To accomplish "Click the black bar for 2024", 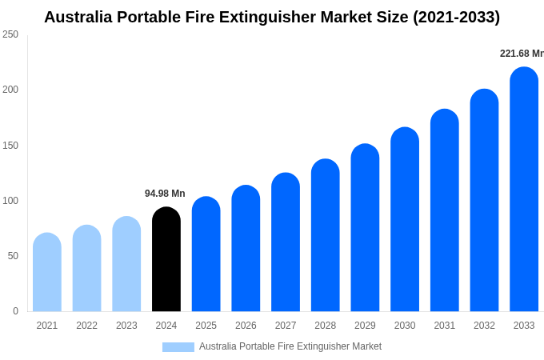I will (166, 260).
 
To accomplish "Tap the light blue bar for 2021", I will (47, 273).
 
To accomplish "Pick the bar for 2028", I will (326, 236).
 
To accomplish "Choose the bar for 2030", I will (405, 220).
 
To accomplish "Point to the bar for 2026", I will (246, 249).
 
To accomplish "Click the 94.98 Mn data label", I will (165, 194).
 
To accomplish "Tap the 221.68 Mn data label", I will (522, 54).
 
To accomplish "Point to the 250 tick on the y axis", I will (10, 34).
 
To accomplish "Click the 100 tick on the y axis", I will (10, 201).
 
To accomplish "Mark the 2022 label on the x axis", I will (86, 326).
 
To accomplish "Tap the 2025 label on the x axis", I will (206, 326).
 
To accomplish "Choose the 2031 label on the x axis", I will (445, 326).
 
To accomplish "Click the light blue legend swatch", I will (178, 347).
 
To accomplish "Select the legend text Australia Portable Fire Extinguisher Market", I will (290, 346).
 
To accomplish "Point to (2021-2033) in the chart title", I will (456, 17).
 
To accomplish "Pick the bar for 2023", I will (126, 264).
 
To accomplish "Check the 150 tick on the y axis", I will (10, 146).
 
